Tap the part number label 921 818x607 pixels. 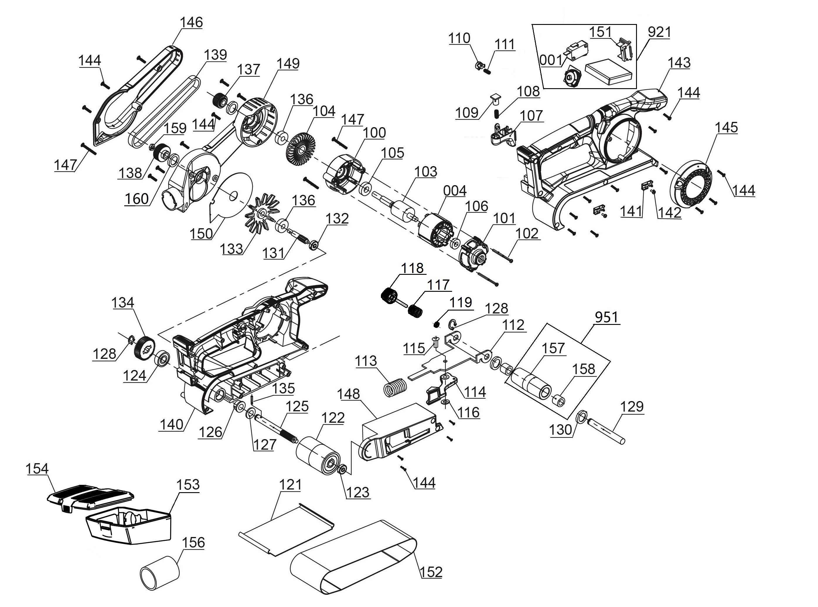click(659, 32)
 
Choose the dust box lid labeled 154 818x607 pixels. click(90, 497)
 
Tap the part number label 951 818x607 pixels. click(606, 317)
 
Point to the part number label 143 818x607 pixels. click(679, 62)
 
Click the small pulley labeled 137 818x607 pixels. click(221, 100)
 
